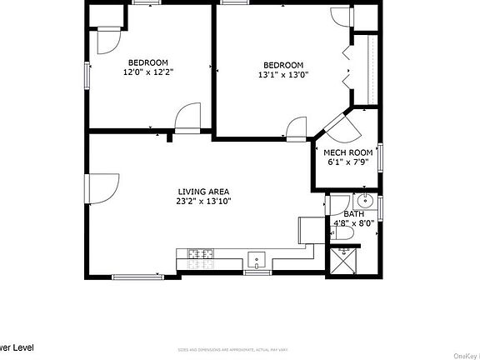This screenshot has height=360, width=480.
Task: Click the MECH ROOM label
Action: click(348, 152)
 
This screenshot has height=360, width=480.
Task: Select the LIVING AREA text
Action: click(203, 192)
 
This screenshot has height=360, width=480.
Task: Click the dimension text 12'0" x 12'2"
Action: click(148, 72)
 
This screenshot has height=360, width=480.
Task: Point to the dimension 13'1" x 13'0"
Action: click(283, 75)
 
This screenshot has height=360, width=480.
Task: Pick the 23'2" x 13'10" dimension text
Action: click(203, 201)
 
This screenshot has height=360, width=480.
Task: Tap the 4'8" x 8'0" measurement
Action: click(348, 222)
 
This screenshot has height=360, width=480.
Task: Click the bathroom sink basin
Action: click(365, 202)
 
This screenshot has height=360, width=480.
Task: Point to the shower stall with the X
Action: click(343, 261)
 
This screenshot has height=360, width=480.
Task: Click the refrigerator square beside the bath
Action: click(309, 230)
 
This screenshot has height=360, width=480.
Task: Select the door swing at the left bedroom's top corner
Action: click(109, 40)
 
